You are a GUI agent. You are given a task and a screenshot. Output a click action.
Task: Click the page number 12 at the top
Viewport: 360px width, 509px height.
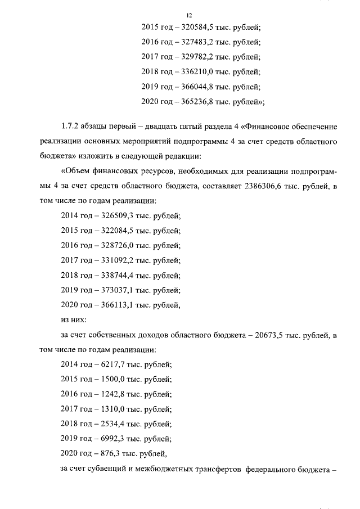188,15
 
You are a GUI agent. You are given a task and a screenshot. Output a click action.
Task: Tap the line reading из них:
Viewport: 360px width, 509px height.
73,319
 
